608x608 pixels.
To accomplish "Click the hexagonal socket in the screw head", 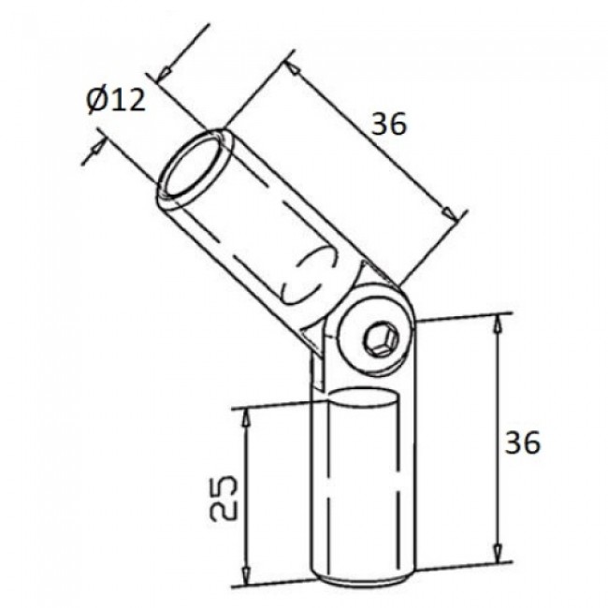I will tap(380, 341).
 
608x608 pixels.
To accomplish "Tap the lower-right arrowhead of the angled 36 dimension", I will tap(456, 216).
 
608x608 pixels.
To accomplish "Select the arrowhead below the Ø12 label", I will tap(97, 150).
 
